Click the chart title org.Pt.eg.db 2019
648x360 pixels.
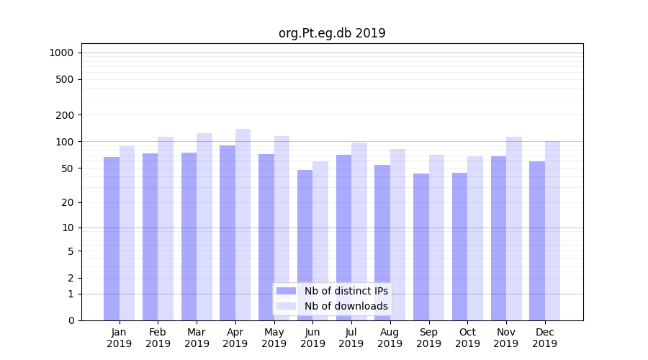coord(332,33)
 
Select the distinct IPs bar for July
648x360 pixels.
coord(343,237)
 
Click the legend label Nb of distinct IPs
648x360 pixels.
coord(346,291)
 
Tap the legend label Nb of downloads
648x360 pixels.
coord(346,306)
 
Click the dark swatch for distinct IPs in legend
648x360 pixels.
coord(286,291)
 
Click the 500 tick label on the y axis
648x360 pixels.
coord(66,79)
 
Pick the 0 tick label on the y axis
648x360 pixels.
coord(71,320)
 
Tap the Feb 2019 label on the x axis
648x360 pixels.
coord(158,338)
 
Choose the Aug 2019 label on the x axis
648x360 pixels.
coord(390,338)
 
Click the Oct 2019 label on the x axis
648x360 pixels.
coord(467,338)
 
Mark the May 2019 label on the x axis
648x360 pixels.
coord(274,338)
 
